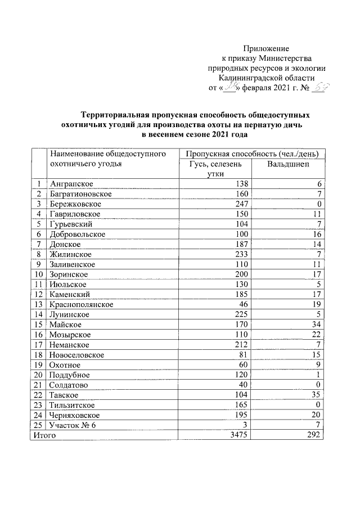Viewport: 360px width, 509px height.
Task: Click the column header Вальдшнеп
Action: pos(289,164)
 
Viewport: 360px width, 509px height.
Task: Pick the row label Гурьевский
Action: pos(71,224)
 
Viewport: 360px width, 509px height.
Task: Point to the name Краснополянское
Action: pos(82,304)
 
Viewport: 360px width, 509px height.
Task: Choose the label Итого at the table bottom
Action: pos(44,435)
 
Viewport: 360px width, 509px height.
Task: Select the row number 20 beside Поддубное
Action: pos(38,375)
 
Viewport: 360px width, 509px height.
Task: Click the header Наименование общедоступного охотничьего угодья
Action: pos(106,159)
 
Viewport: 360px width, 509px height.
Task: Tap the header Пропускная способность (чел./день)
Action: pos(251,153)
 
